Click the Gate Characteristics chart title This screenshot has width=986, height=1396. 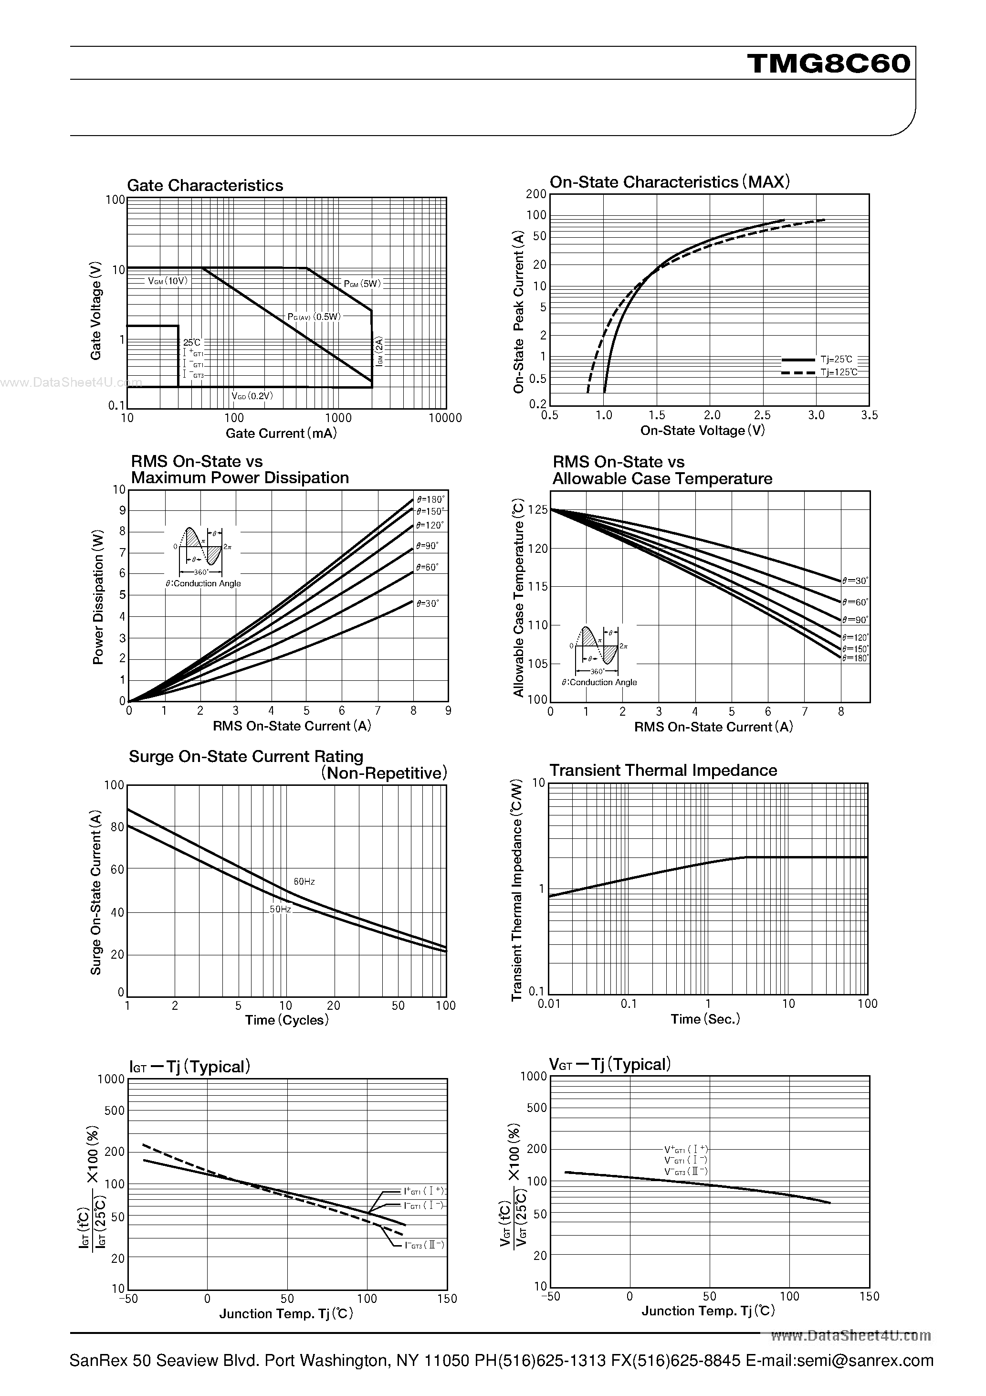[205, 185]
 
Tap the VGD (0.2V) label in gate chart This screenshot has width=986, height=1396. [252, 396]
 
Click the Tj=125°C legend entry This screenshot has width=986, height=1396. [839, 372]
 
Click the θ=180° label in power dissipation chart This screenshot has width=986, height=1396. [430, 500]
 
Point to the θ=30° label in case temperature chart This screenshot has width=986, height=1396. [855, 581]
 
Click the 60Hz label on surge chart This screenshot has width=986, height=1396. [304, 882]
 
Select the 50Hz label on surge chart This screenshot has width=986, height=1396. [280, 910]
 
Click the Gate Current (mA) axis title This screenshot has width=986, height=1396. [281, 434]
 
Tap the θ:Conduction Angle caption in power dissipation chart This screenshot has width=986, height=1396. [203, 584]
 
